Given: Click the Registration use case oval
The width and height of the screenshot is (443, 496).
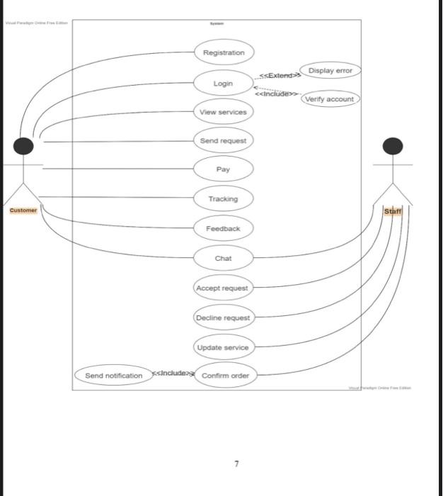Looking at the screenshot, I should pos(224,52).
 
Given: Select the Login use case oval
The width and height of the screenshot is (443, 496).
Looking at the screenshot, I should pos(223,84).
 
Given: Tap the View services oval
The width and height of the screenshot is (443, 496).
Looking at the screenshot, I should pos(223,112).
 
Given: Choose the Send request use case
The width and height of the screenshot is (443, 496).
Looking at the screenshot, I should pos(223,141).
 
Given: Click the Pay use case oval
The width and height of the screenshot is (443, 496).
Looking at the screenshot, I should pos(223,170).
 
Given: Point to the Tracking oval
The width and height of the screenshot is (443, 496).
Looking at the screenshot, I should pos(223,199).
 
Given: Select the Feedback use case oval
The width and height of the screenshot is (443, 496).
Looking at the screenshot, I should pos(223,228).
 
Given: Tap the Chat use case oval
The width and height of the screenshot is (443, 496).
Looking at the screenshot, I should pos(223,258).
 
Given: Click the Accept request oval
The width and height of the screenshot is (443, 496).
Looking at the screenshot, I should pos(222,288).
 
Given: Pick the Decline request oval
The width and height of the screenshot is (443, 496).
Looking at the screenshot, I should pos(223,317).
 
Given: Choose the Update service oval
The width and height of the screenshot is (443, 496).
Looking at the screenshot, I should pos(223,347).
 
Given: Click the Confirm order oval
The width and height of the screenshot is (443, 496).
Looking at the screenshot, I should pos(225,375).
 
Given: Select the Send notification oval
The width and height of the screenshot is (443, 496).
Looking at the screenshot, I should pos(113,375).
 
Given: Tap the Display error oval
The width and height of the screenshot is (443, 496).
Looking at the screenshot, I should pos(330,71).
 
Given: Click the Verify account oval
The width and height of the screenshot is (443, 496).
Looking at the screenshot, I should pos(329,99).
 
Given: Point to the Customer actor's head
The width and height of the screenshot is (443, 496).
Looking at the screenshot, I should pos(23,146).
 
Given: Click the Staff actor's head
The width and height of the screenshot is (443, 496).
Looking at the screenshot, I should pos(392,146).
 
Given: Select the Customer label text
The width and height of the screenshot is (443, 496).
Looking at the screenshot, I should pos(23,210).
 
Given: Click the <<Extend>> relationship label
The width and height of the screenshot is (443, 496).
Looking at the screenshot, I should pos(280,75).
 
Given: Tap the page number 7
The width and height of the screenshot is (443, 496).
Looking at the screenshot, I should pos(236,464).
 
